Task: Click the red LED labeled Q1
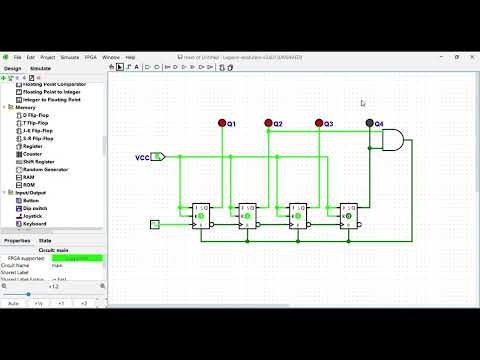pos(222,124)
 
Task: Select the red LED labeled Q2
pos(268,124)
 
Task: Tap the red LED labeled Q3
pos(319,124)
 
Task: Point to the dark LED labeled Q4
pos(370,124)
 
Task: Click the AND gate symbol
pos(394,141)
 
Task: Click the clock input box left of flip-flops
pos(155,224)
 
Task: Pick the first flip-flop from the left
pos(203,215)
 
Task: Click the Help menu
pos(130,57)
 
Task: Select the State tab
pos(46,240)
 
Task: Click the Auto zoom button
pos(14,302)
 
